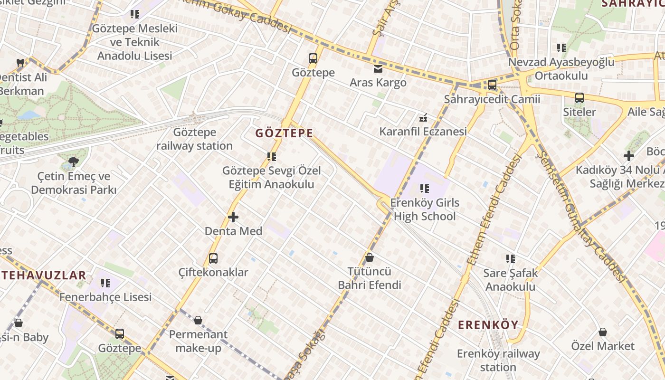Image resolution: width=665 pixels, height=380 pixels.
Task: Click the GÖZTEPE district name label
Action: tap(284, 133)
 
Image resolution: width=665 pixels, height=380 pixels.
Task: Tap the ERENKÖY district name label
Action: tap(488, 325)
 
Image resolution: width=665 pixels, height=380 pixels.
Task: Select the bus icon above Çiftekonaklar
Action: tap(213, 258)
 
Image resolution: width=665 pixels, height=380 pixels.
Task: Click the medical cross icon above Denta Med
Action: tap(233, 217)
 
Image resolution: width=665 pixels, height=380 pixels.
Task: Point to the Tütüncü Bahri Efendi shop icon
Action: tap(370, 257)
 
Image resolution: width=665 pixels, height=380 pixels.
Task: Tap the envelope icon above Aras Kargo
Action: tap(378, 69)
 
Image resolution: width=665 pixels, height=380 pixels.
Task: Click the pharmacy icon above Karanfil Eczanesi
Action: tap(423, 118)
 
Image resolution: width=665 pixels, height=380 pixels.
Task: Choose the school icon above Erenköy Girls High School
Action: tap(425, 189)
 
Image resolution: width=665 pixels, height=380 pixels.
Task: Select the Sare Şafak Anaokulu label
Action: tap(510, 280)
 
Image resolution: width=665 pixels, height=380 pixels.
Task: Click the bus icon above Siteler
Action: tap(579, 98)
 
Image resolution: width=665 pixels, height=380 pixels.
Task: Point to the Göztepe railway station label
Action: tap(195, 139)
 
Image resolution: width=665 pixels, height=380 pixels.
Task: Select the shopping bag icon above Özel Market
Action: tap(603, 332)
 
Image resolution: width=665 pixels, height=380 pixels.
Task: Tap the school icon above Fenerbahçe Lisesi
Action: tap(105, 283)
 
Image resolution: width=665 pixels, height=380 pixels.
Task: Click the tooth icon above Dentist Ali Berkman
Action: tap(20, 63)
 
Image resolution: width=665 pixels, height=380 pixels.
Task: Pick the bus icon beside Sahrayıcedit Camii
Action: tap(492, 85)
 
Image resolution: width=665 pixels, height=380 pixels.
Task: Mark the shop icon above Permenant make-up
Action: tap(198, 320)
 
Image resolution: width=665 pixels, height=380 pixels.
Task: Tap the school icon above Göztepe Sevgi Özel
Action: tap(272, 156)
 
